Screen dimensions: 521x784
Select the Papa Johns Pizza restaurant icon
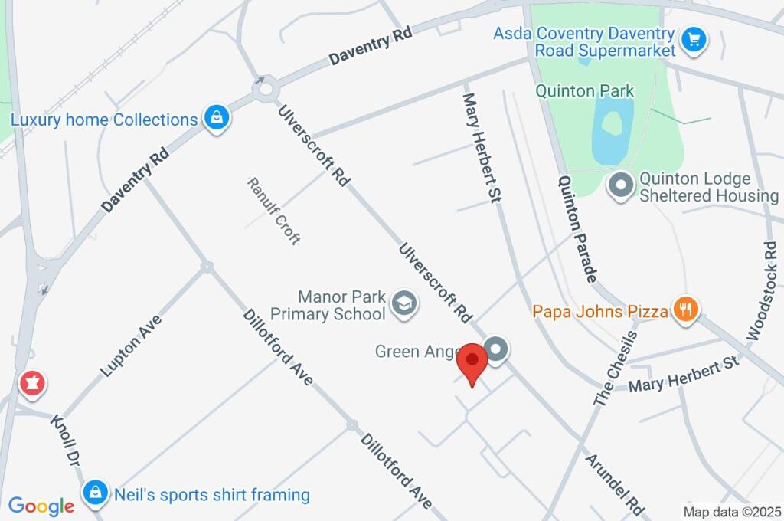pyautogui.click(x=684, y=310)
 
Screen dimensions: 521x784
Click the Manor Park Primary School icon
pyautogui.click(x=402, y=303)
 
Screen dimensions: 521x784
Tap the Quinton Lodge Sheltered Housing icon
pyautogui.click(x=619, y=185)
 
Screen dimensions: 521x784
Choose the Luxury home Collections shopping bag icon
pyautogui.click(x=217, y=119)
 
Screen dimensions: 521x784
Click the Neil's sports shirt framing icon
pyautogui.click(x=95, y=493)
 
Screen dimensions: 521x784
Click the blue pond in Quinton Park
pyautogui.click(x=612, y=131)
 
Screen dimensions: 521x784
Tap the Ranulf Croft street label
pyautogui.click(x=273, y=211)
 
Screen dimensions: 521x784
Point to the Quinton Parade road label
pyautogui.click(x=577, y=229)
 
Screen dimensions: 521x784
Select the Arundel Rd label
pyautogui.click(x=615, y=483)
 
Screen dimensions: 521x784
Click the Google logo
pyautogui.click(x=41, y=506)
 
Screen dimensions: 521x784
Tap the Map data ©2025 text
pyautogui.click(x=732, y=512)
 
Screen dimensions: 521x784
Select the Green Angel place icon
pyautogui.click(x=498, y=350)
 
